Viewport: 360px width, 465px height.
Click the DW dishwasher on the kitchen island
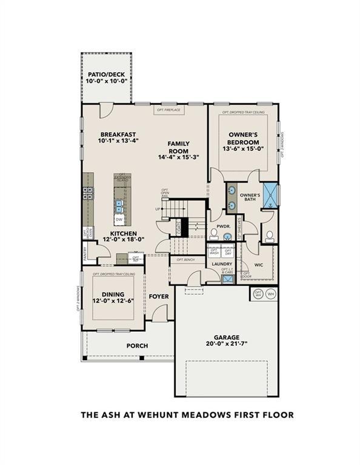tap(119, 219)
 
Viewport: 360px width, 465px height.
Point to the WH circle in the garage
tap(271, 294)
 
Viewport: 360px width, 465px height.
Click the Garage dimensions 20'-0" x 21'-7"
tap(227, 345)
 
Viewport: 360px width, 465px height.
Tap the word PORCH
tap(137, 346)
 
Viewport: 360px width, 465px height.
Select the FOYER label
tap(159, 297)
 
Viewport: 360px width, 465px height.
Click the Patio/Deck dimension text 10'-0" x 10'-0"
tap(105, 81)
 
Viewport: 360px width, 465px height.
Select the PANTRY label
tap(85, 254)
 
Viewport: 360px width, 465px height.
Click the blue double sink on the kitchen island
tap(119, 204)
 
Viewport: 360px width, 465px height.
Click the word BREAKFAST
tap(118, 134)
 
